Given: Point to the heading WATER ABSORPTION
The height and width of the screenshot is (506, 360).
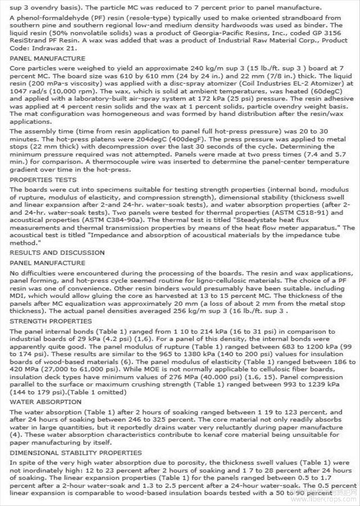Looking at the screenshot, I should tap(38, 402).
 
